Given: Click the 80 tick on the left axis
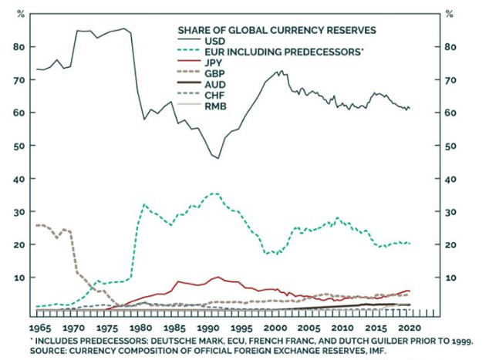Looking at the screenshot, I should coord(21,47).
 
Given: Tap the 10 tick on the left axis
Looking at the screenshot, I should coord(22,278).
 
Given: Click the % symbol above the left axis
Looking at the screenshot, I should coord(21,15).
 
